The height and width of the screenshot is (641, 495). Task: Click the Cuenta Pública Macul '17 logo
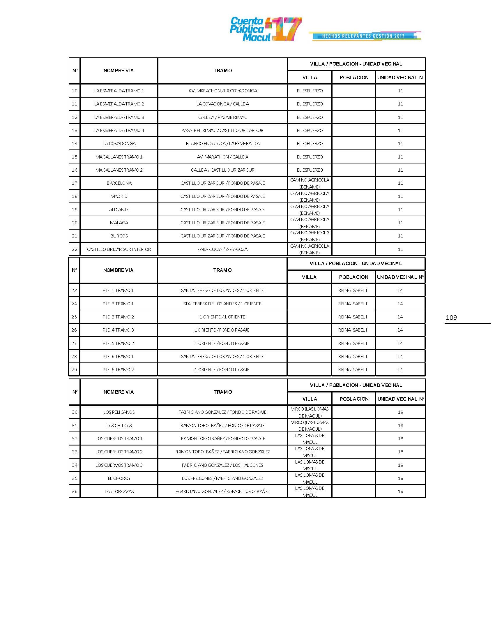click(x=265, y=29)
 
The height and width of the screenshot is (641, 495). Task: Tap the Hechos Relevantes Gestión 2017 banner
click(x=365, y=36)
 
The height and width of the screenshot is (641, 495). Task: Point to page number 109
click(x=451, y=318)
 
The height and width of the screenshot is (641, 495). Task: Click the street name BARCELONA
click(x=119, y=183)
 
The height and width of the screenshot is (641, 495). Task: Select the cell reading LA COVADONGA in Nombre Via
click(x=119, y=144)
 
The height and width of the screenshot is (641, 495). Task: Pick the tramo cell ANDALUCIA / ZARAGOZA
click(x=222, y=249)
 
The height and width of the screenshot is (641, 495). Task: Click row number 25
click(x=74, y=317)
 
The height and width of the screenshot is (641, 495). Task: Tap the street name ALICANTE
click(x=119, y=209)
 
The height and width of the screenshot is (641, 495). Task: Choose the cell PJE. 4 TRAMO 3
click(x=118, y=330)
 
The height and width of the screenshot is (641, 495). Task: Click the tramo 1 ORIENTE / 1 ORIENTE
click(x=222, y=317)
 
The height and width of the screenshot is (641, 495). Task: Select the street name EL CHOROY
click(x=119, y=478)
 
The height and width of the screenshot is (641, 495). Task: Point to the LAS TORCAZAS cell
click(x=119, y=491)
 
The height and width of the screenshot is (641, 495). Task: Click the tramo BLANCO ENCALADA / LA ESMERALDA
click(x=222, y=144)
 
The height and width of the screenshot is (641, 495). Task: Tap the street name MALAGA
click(x=119, y=223)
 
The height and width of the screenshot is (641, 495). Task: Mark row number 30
click(x=75, y=412)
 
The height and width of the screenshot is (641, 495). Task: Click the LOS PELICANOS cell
click(x=119, y=412)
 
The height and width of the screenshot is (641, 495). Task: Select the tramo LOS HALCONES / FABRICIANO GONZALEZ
click(x=222, y=478)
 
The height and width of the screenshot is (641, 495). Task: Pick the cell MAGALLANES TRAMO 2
click(x=119, y=170)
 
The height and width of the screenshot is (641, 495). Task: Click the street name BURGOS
click(x=119, y=236)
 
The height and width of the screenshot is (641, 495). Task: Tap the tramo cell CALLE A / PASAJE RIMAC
click(x=222, y=117)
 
